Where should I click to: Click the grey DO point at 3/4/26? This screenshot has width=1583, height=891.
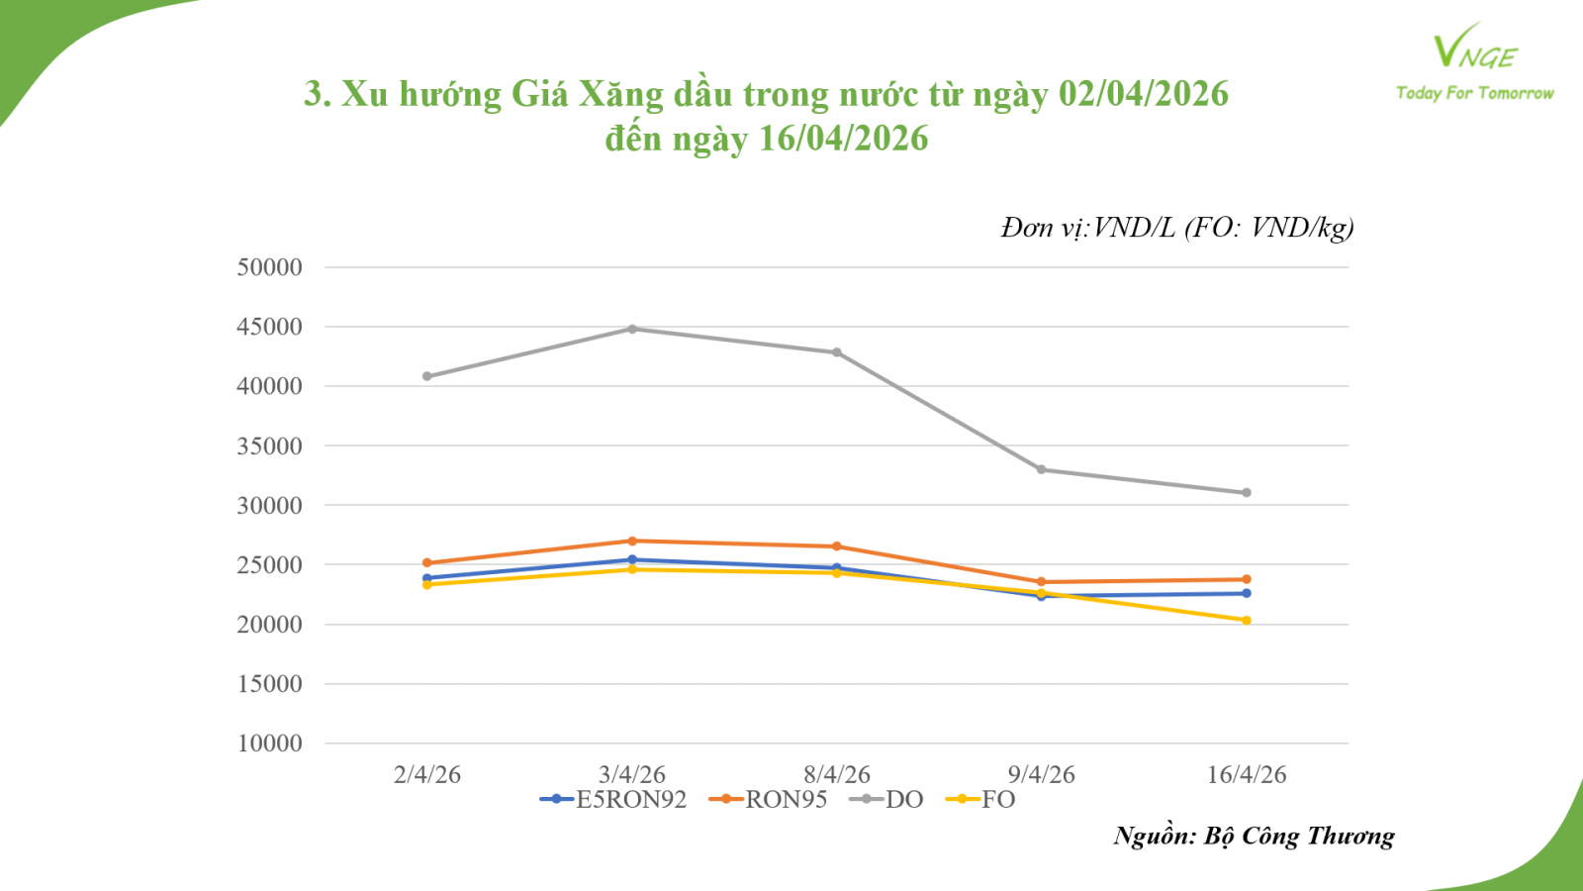click(632, 329)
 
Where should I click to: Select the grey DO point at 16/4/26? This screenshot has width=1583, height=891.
click(1246, 492)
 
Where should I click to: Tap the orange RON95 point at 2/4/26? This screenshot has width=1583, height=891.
click(427, 562)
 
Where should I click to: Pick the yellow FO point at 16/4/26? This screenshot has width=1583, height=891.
click(1246, 620)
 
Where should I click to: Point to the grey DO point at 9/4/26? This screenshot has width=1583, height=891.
click(1041, 469)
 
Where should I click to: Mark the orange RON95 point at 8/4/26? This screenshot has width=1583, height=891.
click(837, 546)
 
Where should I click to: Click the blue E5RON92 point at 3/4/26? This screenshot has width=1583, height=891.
click(632, 559)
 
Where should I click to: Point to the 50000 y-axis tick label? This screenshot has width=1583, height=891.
click(269, 267)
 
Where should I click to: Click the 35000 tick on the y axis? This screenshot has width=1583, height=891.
click(269, 446)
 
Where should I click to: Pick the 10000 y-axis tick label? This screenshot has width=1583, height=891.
click(269, 743)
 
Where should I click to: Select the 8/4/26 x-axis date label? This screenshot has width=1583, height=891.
click(837, 774)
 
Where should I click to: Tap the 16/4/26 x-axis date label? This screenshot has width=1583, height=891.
click(1246, 774)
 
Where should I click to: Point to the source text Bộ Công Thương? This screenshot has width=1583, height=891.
click(1298, 837)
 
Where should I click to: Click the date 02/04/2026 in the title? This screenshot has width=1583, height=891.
click(1143, 94)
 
